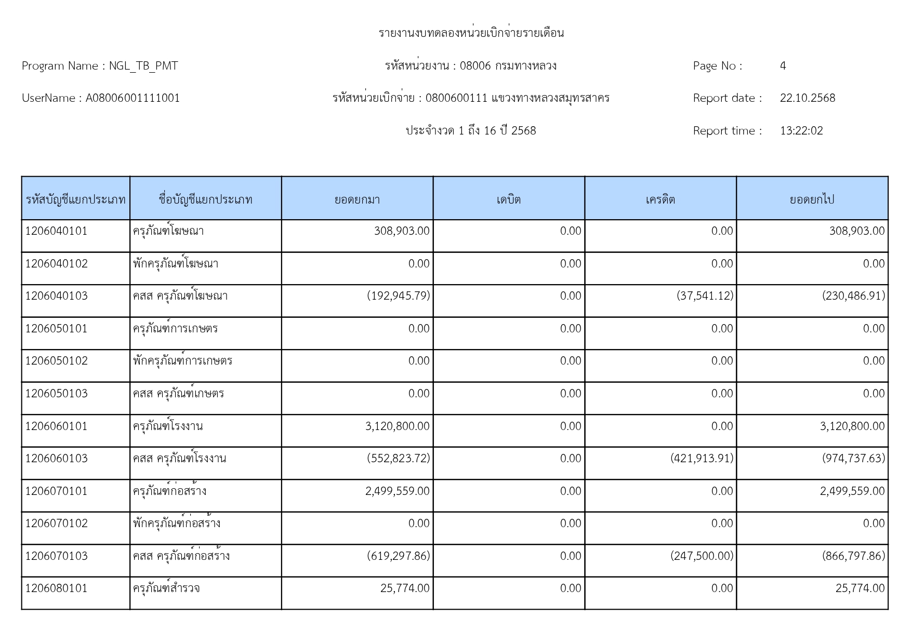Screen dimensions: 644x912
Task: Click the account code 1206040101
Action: [x=56, y=231]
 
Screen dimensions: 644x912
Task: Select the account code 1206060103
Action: [x=56, y=459]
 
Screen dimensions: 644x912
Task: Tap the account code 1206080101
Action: [x=56, y=588]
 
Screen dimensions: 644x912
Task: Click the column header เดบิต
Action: [x=508, y=199]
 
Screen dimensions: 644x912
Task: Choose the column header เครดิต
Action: [x=660, y=199]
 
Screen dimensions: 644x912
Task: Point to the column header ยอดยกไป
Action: [x=812, y=199]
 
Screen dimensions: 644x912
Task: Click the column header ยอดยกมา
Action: [x=357, y=199]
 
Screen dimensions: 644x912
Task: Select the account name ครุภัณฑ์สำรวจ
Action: [x=166, y=588]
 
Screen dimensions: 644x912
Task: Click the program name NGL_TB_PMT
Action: [x=143, y=66]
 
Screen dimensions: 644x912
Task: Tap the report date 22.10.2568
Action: [x=807, y=98]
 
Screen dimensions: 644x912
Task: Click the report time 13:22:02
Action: [x=801, y=131]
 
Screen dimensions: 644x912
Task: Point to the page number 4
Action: [x=783, y=66]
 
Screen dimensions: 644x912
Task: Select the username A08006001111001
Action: [x=133, y=98]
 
